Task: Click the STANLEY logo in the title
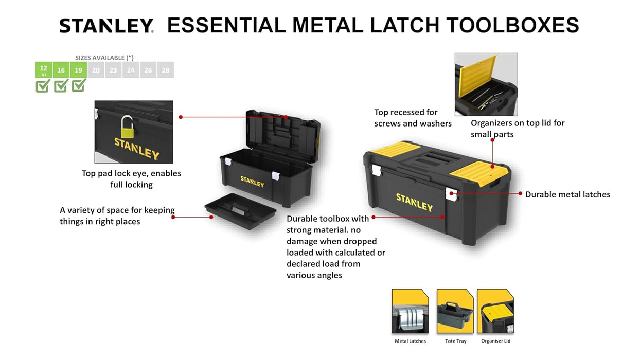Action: pyautogui.click(x=106, y=26)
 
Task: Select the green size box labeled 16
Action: pyautogui.click(x=61, y=70)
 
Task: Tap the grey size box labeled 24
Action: pyautogui.click(x=131, y=70)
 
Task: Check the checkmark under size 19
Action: pyautogui.click(x=78, y=85)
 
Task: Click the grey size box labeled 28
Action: pyautogui.click(x=165, y=70)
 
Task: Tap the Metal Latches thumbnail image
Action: pyautogui.click(x=410, y=311)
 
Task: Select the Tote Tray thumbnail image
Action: pyautogui.click(x=455, y=311)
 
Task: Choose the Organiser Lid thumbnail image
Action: pyautogui.click(x=495, y=311)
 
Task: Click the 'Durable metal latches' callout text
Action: pyautogui.click(x=567, y=194)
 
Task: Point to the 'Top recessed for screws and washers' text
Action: pyautogui.click(x=413, y=118)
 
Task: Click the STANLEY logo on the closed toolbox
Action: pyautogui.click(x=414, y=202)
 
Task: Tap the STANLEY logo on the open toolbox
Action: pyautogui.click(x=252, y=182)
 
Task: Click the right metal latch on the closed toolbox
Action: pyautogui.click(x=451, y=194)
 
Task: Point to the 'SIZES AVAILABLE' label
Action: pyautogui.click(x=104, y=58)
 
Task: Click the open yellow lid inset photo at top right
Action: pyautogui.click(x=486, y=84)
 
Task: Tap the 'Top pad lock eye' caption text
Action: pyautogui.click(x=131, y=179)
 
